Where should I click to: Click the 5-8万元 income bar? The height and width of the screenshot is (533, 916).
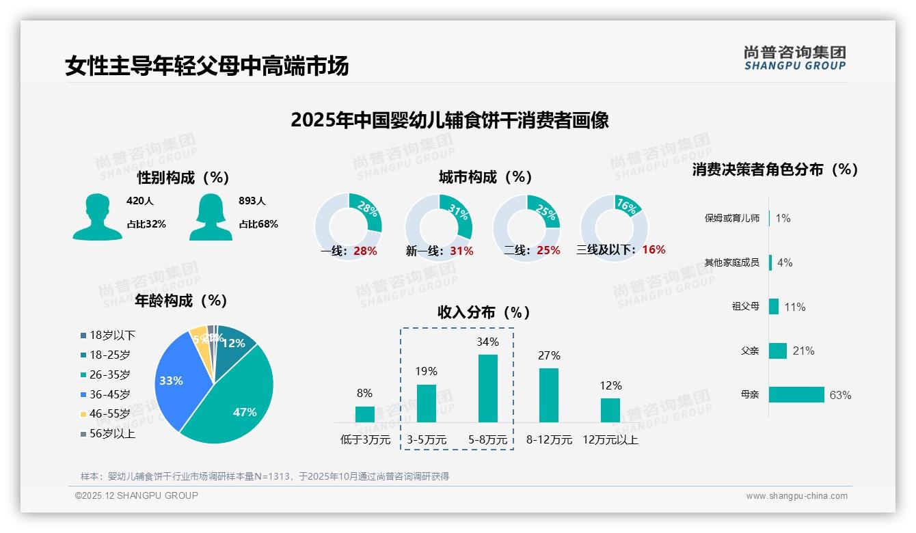point(487,388)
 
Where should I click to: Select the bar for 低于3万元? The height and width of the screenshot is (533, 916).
point(365,414)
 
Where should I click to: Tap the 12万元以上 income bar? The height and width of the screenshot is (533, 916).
point(610,410)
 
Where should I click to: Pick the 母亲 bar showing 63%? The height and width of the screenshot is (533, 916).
point(796,395)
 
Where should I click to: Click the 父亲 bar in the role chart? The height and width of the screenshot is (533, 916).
point(778,351)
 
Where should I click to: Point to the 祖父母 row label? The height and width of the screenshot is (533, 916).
point(745,307)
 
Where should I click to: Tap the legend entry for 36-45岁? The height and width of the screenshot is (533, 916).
point(109,394)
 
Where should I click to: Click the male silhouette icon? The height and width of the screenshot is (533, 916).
point(97,217)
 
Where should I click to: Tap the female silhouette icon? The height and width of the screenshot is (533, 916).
point(211,217)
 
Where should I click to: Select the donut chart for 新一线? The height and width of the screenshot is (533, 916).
point(439,227)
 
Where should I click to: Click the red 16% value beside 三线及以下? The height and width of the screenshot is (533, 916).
point(654,250)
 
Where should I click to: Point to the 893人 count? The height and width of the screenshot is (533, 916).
point(252,201)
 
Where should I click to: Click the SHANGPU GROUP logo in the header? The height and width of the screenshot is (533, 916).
point(794,58)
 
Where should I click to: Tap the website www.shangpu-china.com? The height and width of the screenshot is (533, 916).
point(796,496)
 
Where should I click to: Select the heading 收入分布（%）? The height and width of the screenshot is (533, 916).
point(484,312)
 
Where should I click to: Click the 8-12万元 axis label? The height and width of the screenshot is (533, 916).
point(549,440)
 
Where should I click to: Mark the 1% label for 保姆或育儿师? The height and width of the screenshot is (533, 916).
point(783,218)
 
